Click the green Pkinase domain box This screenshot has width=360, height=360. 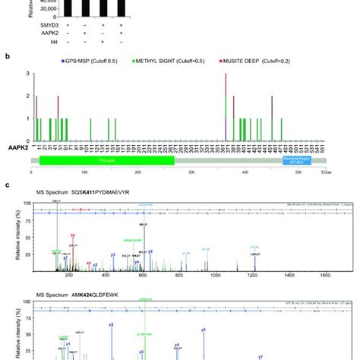click(x=106, y=161)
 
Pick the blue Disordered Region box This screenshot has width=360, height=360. click(x=297, y=161)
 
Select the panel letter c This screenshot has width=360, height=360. click(x=7, y=185)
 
